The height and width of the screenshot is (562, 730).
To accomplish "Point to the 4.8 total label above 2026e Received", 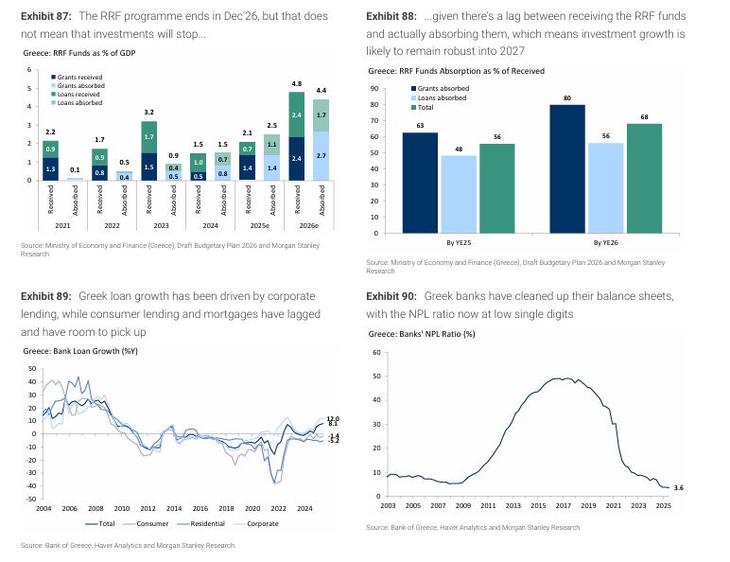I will [x=295, y=82].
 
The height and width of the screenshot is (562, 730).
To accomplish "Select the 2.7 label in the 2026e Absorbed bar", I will [x=322, y=155].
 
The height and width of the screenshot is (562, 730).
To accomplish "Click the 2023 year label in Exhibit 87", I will [x=155, y=228].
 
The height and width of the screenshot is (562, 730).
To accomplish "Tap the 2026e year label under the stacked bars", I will [x=307, y=228].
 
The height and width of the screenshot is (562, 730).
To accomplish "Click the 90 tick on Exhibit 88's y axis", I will [x=375, y=89].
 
